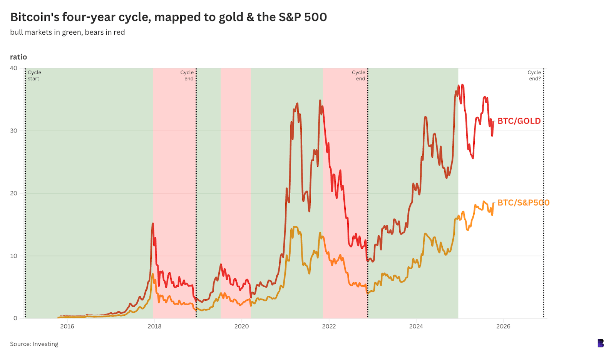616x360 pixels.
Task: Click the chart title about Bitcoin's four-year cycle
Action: click(x=168, y=17)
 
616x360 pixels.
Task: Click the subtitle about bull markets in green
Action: click(x=67, y=32)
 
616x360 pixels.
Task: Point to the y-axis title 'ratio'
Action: click(x=18, y=57)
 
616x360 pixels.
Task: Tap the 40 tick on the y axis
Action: click(x=13, y=68)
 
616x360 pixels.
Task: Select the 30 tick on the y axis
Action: click(x=13, y=131)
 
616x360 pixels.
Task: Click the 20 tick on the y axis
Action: click(x=13, y=193)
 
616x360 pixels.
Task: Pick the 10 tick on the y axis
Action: click(x=13, y=256)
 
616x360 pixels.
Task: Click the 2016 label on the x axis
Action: click(x=67, y=327)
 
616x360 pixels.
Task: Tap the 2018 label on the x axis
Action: click(x=154, y=327)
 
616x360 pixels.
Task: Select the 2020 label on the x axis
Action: click(x=241, y=327)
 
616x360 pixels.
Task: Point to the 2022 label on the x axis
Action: click(x=329, y=327)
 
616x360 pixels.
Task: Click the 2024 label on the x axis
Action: click(x=416, y=327)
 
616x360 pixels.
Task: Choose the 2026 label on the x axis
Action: click(x=503, y=327)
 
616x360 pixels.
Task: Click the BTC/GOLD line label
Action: click(x=519, y=121)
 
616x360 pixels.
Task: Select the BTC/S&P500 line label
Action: click(x=523, y=203)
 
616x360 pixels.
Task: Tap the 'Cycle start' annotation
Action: click(x=34, y=75)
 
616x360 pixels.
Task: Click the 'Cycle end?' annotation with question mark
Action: click(x=534, y=75)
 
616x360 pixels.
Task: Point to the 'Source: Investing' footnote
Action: click(x=34, y=344)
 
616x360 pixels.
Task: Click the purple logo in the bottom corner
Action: click(x=601, y=343)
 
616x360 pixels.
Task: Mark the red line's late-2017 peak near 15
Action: click(x=153, y=224)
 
